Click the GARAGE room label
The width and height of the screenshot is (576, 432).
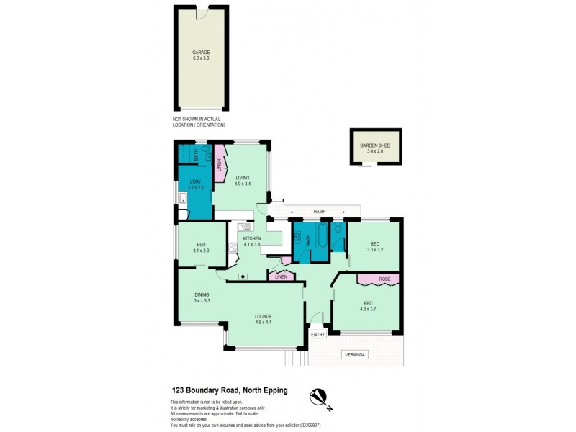tap(201, 55)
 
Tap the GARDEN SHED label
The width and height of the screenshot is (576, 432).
tap(374, 148)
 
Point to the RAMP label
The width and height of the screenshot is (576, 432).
tap(320, 211)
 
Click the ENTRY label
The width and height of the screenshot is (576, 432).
tap(318, 334)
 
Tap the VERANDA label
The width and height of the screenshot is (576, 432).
tap(356, 354)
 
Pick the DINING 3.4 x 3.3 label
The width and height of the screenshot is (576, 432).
tap(202, 297)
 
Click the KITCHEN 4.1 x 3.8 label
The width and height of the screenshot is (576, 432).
tap(252, 241)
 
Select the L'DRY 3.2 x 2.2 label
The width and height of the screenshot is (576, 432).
tap(195, 185)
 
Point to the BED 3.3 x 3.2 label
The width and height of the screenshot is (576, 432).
tap(373, 246)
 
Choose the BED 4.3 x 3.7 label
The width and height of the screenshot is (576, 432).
tap(368, 306)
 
